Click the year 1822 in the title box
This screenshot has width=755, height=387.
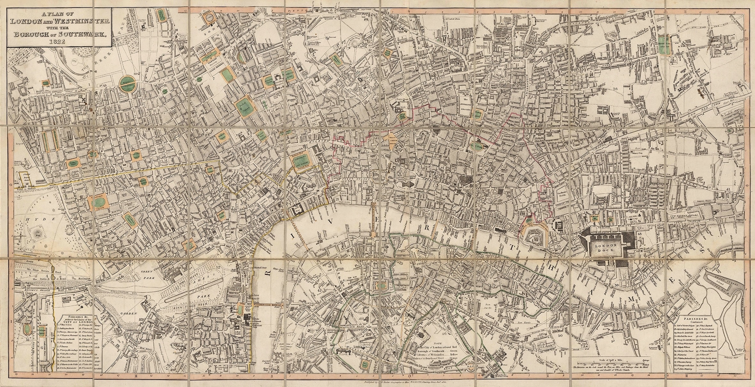click(x=59, y=42)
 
